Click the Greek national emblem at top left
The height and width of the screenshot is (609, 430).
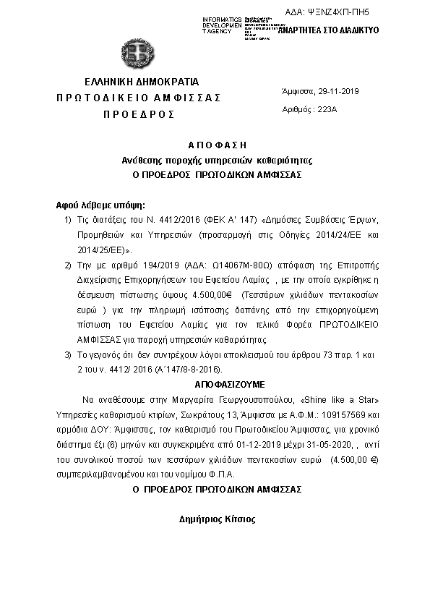[137, 51]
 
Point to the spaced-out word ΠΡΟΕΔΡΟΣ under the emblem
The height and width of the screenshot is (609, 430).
[138, 114]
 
